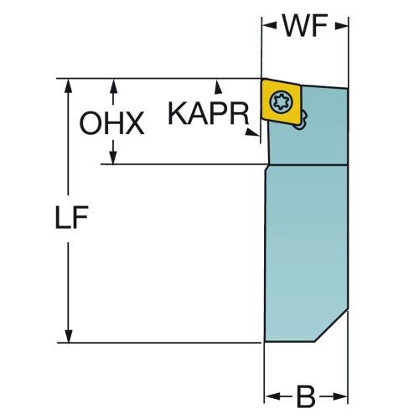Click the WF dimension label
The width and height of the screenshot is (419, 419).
[x=305, y=26]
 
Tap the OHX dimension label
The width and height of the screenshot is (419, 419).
[x=111, y=123]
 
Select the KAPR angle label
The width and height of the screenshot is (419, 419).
[x=209, y=114]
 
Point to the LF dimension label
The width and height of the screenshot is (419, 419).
[x=72, y=217]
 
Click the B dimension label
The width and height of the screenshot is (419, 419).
[x=306, y=396]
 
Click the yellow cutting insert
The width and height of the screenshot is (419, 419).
[x=281, y=101]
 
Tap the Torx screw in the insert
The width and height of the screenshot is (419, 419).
[x=282, y=102]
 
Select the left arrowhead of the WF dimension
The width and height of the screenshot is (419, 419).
[x=269, y=26]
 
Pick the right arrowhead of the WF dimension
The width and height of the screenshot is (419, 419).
[x=341, y=26]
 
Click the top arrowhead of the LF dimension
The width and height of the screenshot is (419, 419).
[x=68, y=85]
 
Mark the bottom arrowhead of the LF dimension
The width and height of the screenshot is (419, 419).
[x=69, y=336]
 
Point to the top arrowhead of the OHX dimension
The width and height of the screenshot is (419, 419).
[x=113, y=85]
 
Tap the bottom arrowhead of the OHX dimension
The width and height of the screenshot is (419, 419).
[x=113, y=158]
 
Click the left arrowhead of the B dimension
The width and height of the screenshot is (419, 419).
[x=272, y=396]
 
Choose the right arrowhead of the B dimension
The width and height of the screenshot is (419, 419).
[x=341, y=396]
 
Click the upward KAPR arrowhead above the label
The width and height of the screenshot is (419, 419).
[x=218, y=86]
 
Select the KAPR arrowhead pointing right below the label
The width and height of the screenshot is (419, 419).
[x=252, y=132]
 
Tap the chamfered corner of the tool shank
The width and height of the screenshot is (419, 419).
[x=331, y=325]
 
